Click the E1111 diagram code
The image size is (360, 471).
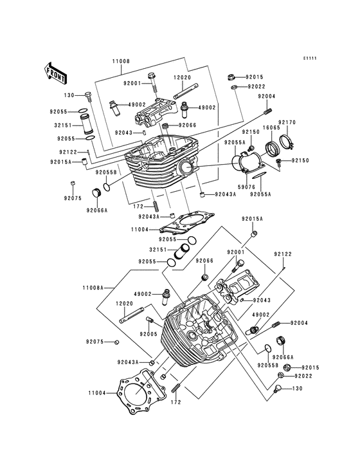coord(310,59)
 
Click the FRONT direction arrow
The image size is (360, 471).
coord(55,73)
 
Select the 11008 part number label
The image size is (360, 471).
coord(121,61)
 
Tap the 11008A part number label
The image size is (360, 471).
coord(93,288)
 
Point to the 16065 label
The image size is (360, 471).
coord(271,127)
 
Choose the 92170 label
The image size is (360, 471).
coord(287,122)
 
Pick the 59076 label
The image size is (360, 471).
coord(246,187)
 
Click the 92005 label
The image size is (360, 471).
coord(148,334)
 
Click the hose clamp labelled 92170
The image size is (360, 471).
coord(287,141)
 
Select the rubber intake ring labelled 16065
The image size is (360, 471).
coord(273,148)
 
